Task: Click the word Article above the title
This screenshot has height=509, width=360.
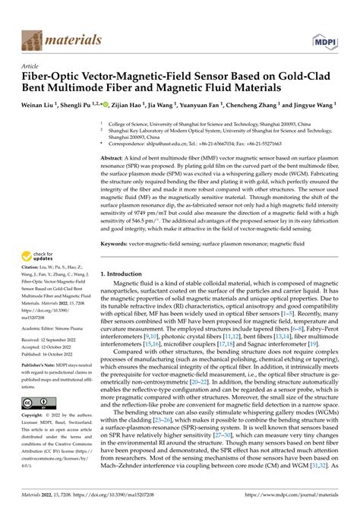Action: tap(30, 66)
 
